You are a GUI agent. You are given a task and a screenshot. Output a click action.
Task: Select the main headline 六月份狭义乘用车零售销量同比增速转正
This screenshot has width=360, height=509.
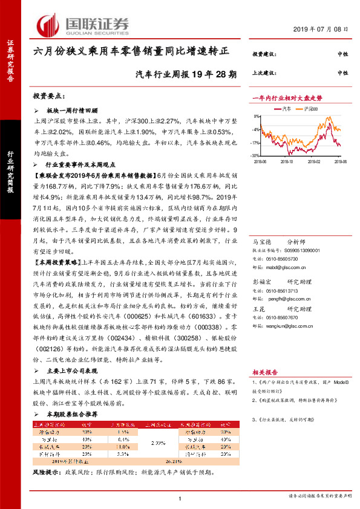(x=131, y=52)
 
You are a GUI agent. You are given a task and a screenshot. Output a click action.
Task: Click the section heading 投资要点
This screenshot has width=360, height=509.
(x=50, y=96)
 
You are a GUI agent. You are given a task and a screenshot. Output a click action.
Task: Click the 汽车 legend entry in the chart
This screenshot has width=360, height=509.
(x=287, y=109)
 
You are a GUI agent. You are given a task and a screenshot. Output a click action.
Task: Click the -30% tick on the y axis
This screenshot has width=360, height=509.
(x=259, y=156)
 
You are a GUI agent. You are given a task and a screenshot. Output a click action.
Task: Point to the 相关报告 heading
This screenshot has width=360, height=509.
(x=264, y=373)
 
